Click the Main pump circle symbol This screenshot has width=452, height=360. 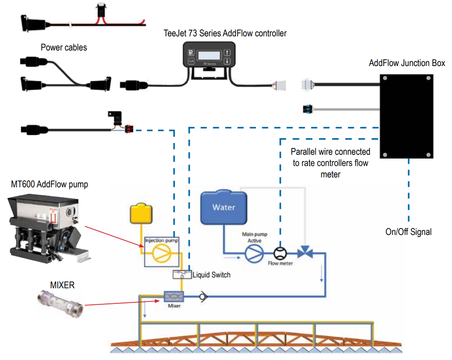point(254,253)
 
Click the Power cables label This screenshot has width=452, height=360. point(64,47)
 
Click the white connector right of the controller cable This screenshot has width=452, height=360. point(279,85)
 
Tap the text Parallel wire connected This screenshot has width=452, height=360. point(330,152)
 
